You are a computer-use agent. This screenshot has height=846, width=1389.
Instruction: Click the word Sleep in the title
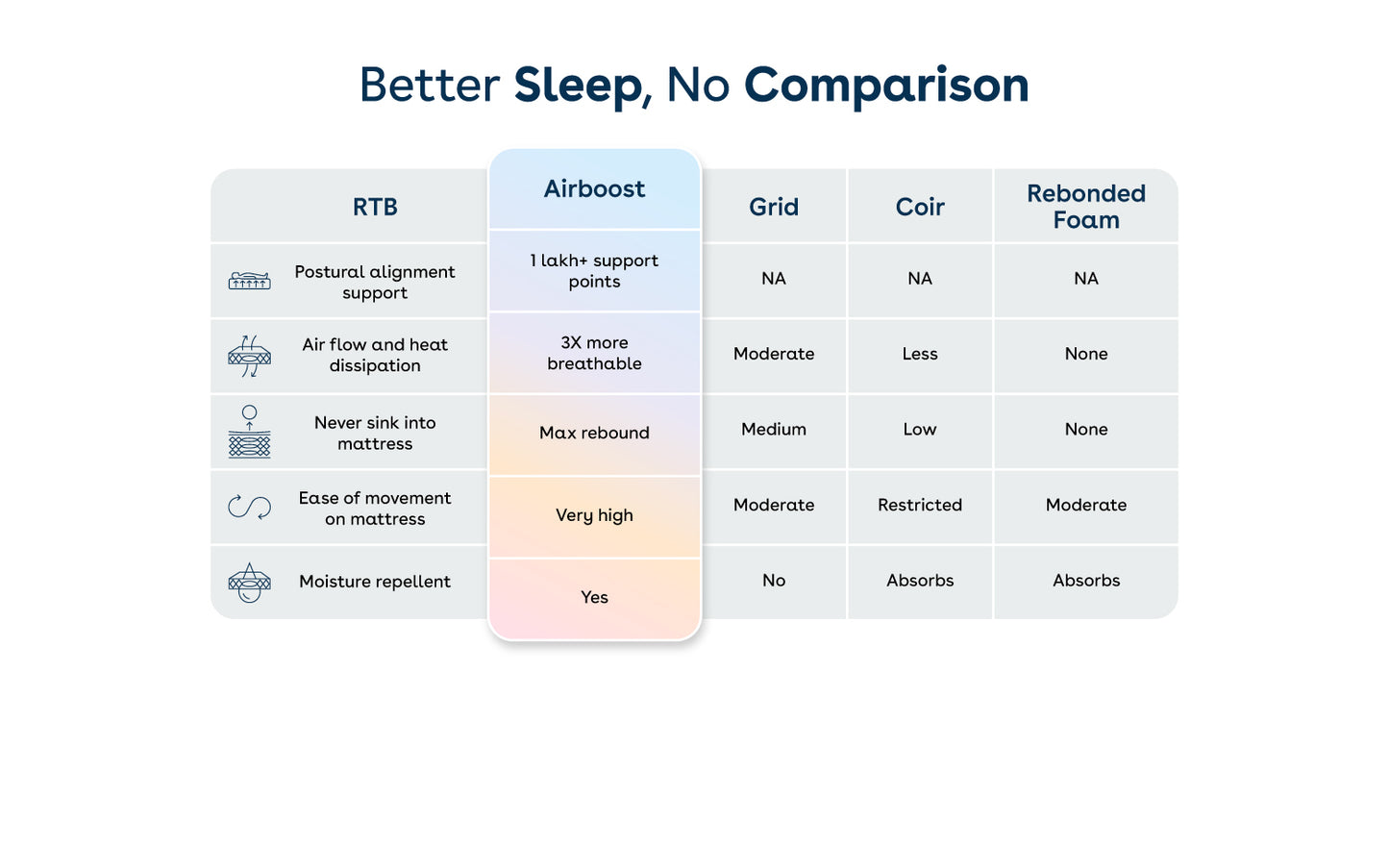click(577, 86)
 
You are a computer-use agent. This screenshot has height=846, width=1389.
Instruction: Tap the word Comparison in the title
click(886, 86)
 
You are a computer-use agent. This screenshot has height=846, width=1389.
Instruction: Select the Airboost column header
click(594, 189)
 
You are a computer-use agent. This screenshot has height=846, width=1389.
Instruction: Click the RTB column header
click(375, 207)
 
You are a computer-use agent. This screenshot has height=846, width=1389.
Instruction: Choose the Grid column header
click(774, 207)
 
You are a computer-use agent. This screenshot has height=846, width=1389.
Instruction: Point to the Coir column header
click(920, 207)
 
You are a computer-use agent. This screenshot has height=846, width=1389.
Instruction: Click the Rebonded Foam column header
click(1086, 207)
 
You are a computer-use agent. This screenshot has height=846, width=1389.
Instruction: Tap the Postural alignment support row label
click(375, 282)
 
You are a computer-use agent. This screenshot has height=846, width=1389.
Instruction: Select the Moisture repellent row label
click(375, 582)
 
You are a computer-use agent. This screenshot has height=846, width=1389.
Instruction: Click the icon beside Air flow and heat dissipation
click(250, 356)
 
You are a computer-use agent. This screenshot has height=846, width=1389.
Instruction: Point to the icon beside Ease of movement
click(250, 507)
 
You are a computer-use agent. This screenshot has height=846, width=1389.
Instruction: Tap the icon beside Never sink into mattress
click(250, 432)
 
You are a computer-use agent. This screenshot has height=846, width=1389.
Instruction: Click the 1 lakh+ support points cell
click(594, 271)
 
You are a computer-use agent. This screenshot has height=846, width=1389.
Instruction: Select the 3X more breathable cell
click(594, 353)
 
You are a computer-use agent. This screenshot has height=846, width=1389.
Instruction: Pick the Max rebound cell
click(594, 433)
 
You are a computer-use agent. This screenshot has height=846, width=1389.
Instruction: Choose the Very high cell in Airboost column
click(594, 515)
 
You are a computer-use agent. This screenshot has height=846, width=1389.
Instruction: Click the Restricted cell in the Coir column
click(920, 505)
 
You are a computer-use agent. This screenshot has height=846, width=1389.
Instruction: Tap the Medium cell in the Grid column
click(774, 430)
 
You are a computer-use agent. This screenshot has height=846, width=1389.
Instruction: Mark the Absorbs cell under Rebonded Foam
click(1086, 581)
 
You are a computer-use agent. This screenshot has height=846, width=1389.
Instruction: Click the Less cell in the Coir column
click(920, 354)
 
